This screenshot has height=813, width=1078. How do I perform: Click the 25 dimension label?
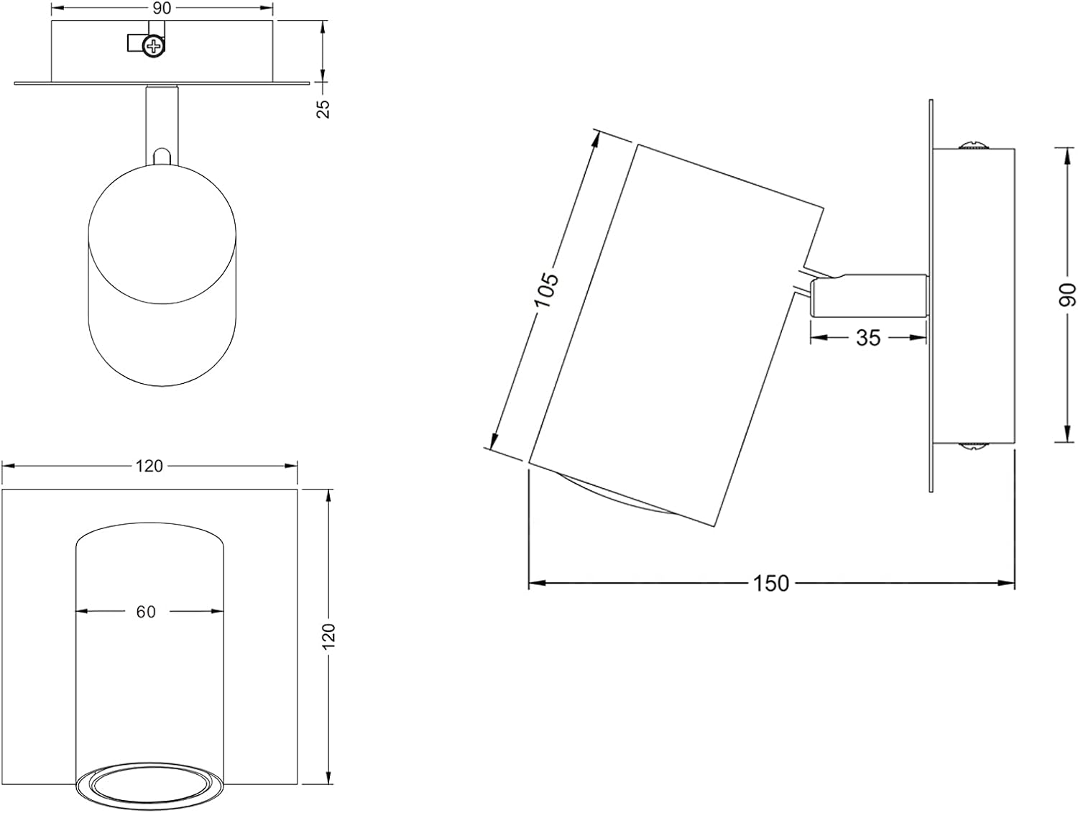click(323, 109)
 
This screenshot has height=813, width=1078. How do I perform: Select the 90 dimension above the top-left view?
click(162, 9)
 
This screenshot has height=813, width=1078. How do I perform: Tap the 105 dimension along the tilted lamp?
click(547, 290)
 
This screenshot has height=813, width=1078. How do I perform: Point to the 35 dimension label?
click(868, 338)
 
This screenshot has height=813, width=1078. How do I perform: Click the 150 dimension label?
click(771, 584)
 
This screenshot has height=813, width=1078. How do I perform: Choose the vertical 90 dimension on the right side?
click(1067, 295)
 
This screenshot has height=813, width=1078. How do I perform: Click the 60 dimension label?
click(146, 612)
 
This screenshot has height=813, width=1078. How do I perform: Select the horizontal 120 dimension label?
click(149, 467)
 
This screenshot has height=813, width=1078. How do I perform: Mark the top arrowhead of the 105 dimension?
click(596, 140)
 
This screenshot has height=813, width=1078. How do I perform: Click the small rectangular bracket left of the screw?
click(135, 42)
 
